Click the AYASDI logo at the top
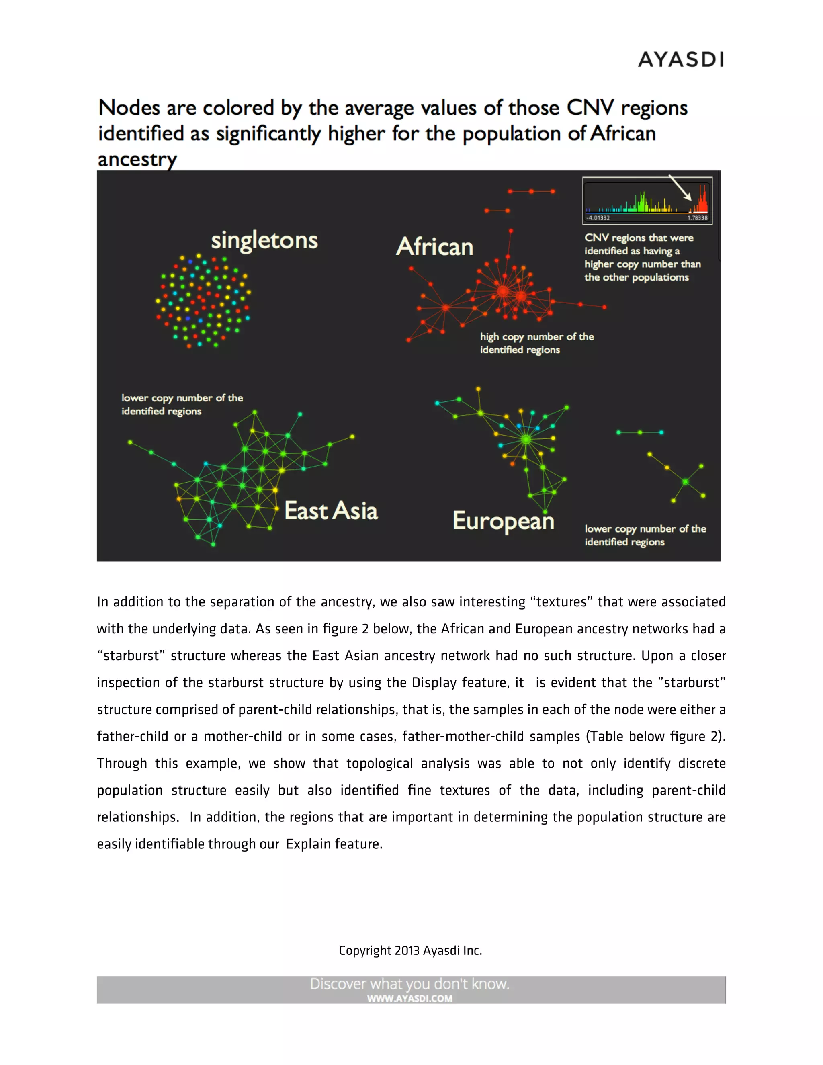(681, 59)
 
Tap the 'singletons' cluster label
(264, 240)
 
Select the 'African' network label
(434, 246)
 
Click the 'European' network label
(504, 521)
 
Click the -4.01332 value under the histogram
(598, 218)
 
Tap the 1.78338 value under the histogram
(697, 218)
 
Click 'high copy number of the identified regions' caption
(536, 343)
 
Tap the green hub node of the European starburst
(526, 439)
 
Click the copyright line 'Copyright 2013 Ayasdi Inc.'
(411, 950)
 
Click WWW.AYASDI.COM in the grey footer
(409, 998)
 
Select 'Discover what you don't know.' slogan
(409, 984)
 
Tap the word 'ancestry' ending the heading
(137, 159)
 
